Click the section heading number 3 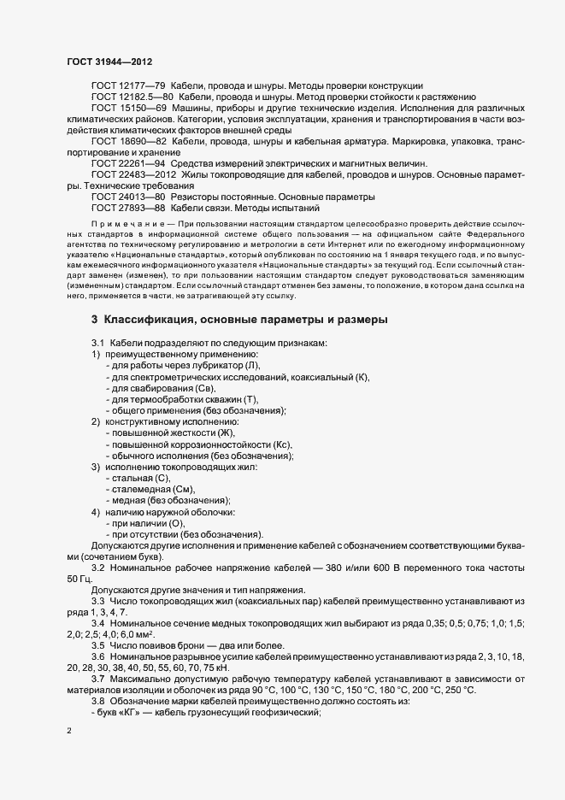coord(95,321)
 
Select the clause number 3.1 coord(98,344)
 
